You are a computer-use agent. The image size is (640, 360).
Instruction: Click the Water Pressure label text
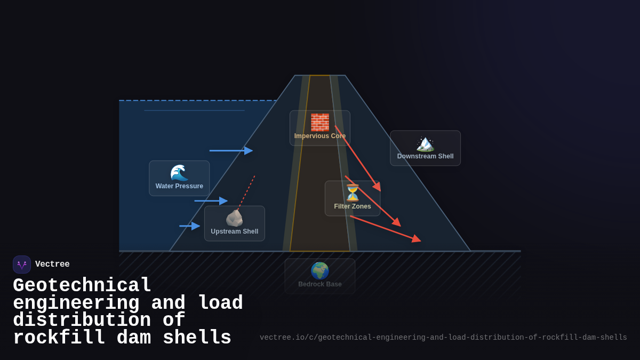(179, 186)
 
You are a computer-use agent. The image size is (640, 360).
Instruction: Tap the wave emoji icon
(179, 173)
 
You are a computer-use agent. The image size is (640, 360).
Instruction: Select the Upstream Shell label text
(234, 231)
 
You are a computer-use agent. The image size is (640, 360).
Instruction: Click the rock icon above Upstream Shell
(234, 218)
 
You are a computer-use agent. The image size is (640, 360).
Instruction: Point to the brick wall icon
(320, 122)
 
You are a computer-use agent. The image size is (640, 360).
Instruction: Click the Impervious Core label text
(320, 136)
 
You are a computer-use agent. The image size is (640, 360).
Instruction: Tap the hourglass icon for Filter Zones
(353, 193)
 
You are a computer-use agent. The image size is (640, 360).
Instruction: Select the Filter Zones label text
(353, 206)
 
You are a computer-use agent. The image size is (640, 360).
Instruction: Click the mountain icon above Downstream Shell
(425, 143)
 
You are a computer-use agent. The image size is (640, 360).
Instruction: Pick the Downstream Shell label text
(425, 156)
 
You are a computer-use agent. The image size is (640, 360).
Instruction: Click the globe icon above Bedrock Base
(320, 271)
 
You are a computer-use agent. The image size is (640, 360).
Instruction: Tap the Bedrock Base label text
(320, 284)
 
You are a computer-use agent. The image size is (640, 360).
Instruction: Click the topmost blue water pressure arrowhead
(249, 150)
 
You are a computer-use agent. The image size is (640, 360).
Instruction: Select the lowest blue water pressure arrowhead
(196, 226)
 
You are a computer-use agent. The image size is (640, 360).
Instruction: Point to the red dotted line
(246, 193)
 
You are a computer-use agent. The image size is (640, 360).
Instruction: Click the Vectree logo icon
(22, 265)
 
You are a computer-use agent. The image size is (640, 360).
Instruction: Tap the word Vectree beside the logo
(52, 265)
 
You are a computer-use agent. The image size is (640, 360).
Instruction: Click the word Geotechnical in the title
(82, 285)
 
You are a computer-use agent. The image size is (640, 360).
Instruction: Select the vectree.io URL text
(443, 338)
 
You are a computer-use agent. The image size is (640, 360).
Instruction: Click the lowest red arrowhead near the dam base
(417, 239)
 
